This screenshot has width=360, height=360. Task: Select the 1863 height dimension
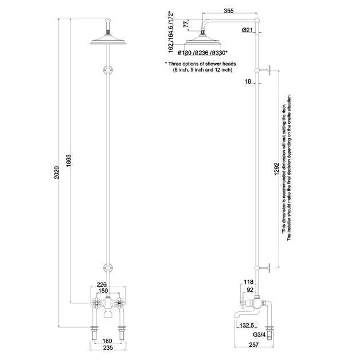(68, 161)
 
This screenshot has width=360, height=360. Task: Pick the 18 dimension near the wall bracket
(247, 83)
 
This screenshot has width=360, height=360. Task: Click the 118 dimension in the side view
(248, 282)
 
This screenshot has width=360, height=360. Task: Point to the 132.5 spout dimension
(248, 324)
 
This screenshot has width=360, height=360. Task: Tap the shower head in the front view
(107, 40)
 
